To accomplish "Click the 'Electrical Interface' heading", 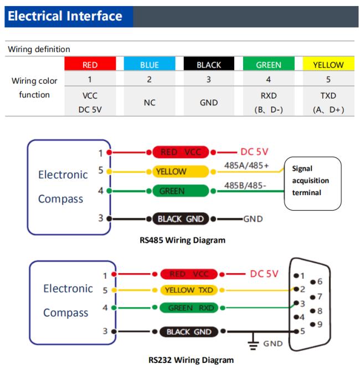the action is (x=65, y=16).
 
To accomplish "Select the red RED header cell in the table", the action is (x=90, y=64).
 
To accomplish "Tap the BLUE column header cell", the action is (x=150, y=64).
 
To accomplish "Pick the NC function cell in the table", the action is (x=150, y=103).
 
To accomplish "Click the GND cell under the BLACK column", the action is (x=209, y=103).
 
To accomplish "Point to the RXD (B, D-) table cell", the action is (x=269, y=103).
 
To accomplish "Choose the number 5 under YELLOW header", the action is (x=328, y=80).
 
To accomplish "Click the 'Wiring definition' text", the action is (x=39, y=49).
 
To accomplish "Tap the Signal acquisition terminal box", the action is (x=312, y=183).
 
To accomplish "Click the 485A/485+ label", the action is (x=246, y=166).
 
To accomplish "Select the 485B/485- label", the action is (x=245, y=186).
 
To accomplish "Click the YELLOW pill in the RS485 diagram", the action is (x=181, y=172).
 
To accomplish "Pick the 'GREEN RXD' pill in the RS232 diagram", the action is (x=189, y=308).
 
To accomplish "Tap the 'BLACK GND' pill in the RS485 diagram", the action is (x=181, y=219).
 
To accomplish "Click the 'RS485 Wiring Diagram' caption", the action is (x=182, y=241).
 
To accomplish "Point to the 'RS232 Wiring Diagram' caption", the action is (x=191, y=360).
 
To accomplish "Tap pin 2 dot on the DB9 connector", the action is (x=296, y=289).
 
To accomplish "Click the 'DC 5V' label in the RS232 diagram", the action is (x=264, y=274).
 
